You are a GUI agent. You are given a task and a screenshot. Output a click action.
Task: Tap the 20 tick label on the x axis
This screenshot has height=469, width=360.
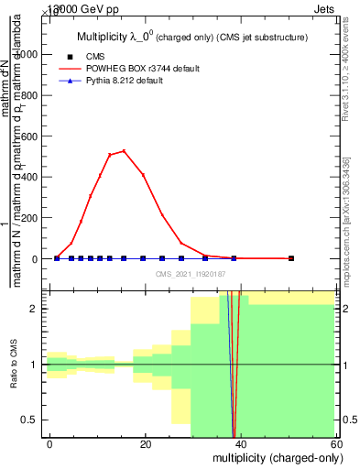pyautogui.click(x=146, y=444)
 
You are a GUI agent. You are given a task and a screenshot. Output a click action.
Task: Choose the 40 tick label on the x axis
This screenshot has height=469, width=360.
pyautogui.click(x=241, y=444)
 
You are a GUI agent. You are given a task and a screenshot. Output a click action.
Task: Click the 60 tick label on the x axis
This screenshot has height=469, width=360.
pyautogui.click(x=336, y=444)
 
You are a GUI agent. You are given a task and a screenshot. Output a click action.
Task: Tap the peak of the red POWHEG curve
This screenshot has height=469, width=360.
pyautogui.click(x=124, y=151)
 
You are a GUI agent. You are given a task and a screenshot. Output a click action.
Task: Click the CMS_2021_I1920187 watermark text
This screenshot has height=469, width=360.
pyautogui.click(x=191, y=274)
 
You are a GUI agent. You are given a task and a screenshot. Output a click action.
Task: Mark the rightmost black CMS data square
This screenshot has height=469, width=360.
pyautogui.click(x=291, y=258)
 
